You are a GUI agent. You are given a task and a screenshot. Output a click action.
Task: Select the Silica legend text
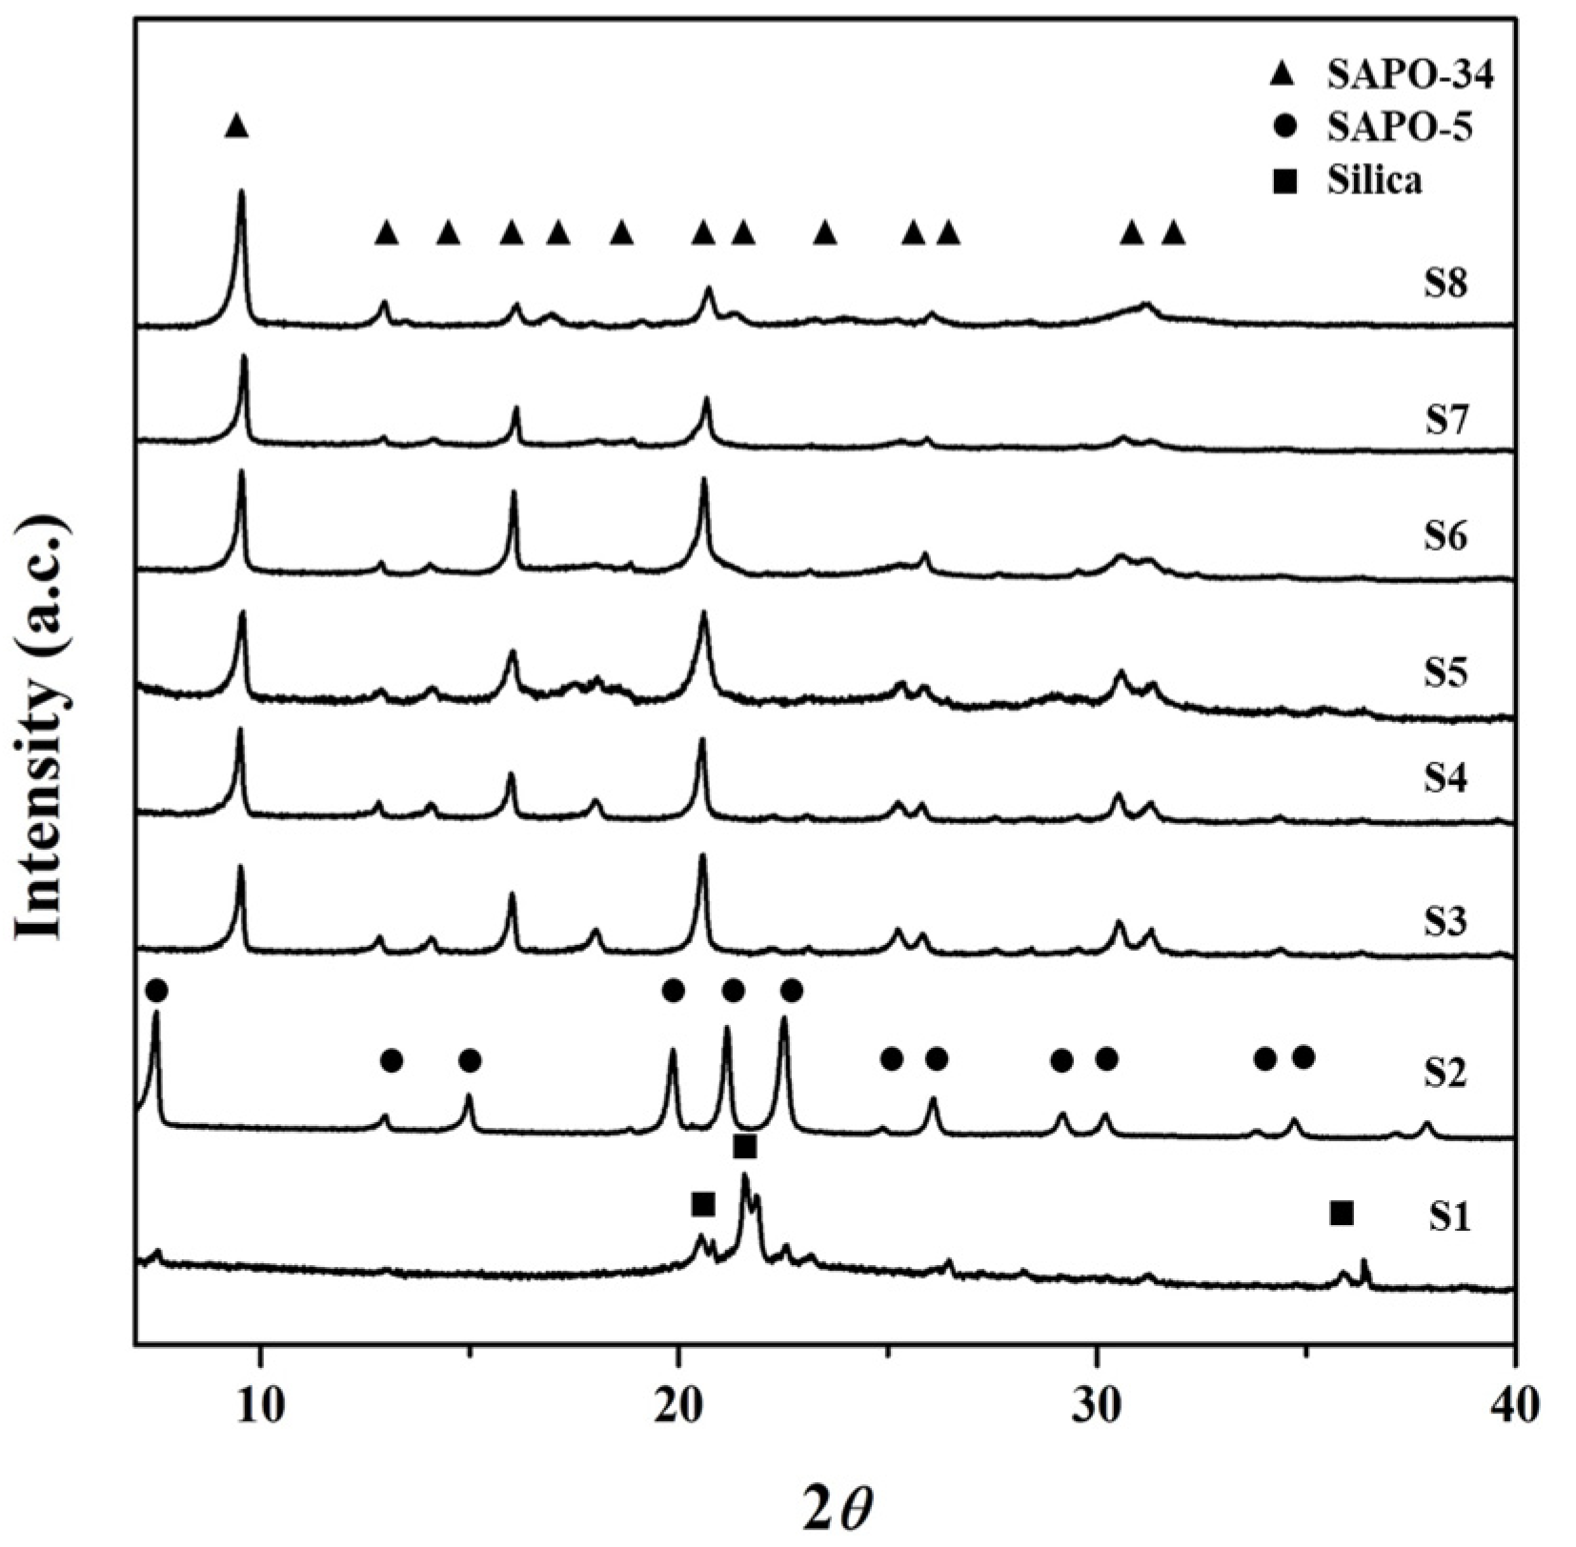pos(1374,180)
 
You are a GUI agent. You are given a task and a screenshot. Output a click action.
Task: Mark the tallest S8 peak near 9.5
pos(241,193)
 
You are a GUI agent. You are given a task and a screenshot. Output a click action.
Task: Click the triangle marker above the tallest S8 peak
pos(237,126)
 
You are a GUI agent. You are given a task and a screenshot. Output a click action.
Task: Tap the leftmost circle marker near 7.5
pos(157,991)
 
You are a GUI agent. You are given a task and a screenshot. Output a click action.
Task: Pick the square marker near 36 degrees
pos(1342,1214)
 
